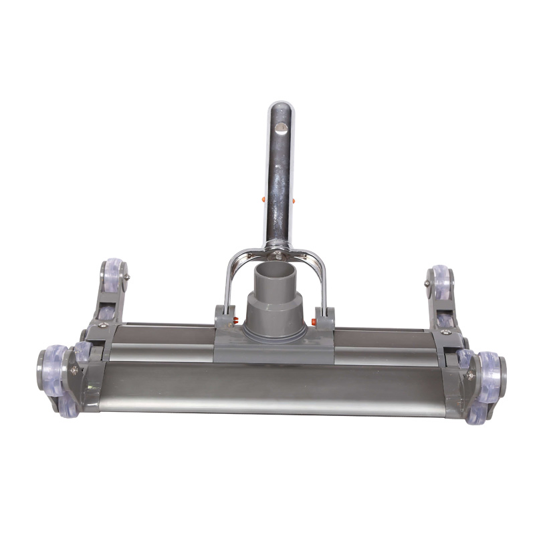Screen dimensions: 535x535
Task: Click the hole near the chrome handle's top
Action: tap(282, 126)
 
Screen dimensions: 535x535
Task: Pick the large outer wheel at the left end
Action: tap(53, 366)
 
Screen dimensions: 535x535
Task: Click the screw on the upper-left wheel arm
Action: tap(127, 277)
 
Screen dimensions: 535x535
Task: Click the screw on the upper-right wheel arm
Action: tap(427, 284)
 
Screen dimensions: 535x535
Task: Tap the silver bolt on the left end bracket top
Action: tap(102, 325)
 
